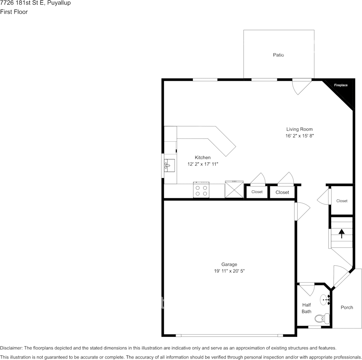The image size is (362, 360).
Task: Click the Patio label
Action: pos(279,55)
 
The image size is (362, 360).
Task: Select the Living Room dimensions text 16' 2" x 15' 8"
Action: pos(300,135)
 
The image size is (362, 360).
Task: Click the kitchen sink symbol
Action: pos(169,166)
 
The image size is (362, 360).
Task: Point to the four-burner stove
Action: pos(201,190)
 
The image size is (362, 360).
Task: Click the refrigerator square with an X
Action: pos(234,190)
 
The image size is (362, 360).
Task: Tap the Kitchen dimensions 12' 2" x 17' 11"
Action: pos(203,164)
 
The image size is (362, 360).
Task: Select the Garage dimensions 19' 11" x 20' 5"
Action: pos(229,271)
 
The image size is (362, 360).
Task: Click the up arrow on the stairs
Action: pos(341,233)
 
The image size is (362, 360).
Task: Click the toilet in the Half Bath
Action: pos(322,318)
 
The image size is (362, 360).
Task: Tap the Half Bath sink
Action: pos(325,299)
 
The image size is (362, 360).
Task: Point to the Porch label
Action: pos(347,307)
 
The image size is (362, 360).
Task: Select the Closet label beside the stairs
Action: pos(342,201)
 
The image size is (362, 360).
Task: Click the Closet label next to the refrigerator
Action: pos(257,192)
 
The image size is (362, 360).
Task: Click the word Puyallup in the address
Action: pos(59,3)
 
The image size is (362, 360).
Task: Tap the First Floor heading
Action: pos(14,12)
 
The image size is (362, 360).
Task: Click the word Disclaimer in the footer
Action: pos(11,348)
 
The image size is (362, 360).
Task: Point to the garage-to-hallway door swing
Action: pos(302,211)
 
